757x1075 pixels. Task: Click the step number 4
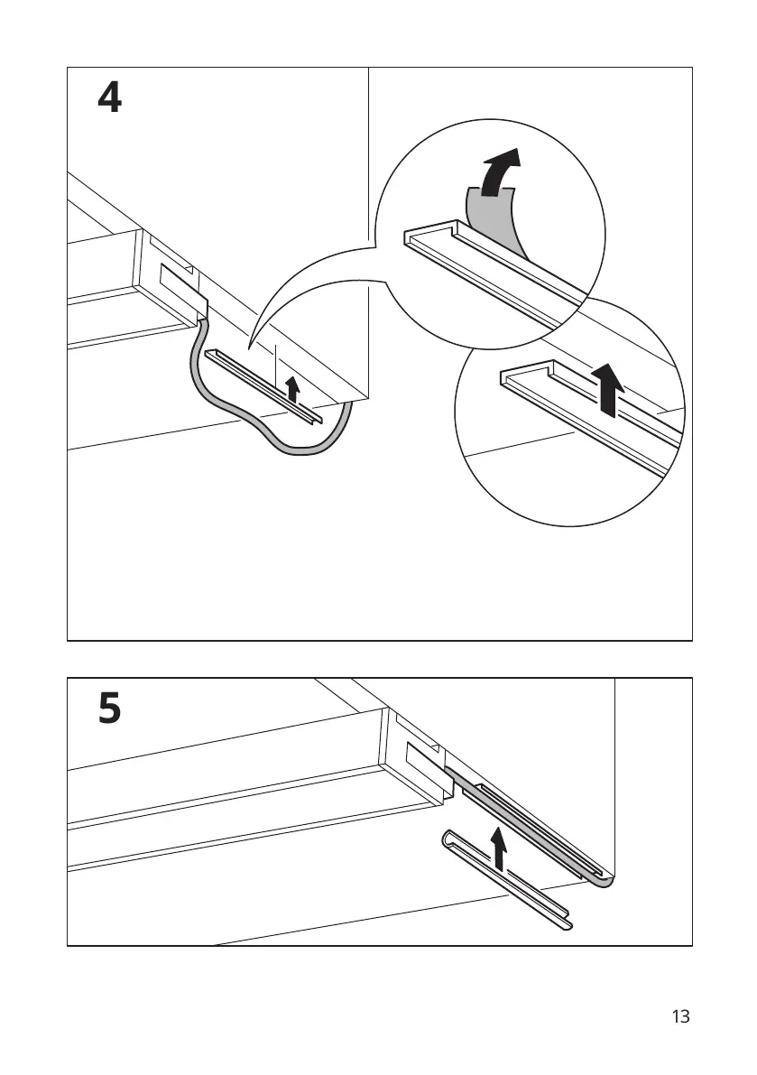click(109, 98)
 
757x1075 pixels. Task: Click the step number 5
click(109, 709)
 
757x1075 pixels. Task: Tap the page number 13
click(680, 1016)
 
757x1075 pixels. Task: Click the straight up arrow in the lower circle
click(612, 386)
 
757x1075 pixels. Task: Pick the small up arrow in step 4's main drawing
click(291, 389)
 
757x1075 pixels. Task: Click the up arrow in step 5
click(497, 848)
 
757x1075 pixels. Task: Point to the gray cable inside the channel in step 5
click(523, 817)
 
